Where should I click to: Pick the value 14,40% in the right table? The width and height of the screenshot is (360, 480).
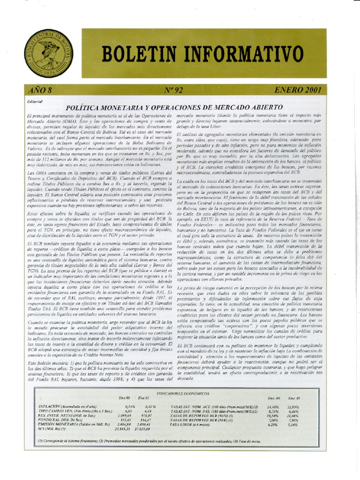273,406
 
